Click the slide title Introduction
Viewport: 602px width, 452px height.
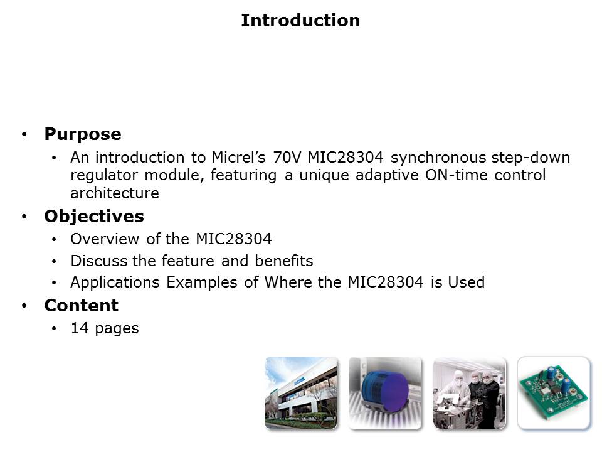point(300,21)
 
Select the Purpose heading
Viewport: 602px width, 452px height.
point(82,134)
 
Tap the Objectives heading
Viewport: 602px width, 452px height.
point(93,217)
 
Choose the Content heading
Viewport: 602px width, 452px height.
point(81,306)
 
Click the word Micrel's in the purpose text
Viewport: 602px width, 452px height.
point(231,157)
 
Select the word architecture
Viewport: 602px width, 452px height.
point(114,193)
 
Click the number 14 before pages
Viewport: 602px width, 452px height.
point(79,328)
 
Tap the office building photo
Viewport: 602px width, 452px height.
point(301,393)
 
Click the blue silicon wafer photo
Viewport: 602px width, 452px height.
point(385,393)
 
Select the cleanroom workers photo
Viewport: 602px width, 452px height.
point(469,393)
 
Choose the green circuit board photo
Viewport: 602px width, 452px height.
point(553,393)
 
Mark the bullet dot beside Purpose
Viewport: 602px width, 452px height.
point(24,135)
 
